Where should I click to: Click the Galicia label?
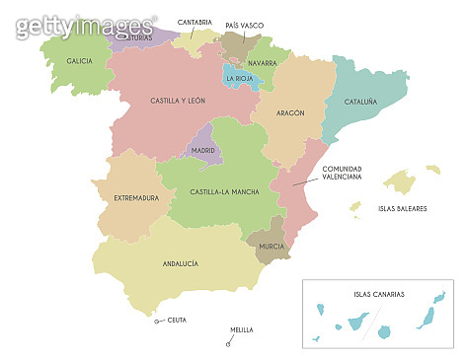click(80, 61)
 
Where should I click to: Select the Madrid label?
click(202, 151)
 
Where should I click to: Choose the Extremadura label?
click(136, 198)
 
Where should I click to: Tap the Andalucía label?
click(181, 263)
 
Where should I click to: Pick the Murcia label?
click(272, 245)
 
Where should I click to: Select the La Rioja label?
click(242, 78)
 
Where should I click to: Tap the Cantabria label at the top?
click(194, 22)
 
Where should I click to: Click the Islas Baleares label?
click(402, 208)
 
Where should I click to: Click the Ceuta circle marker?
click(156, 321)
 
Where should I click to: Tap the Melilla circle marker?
click(228, 344)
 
